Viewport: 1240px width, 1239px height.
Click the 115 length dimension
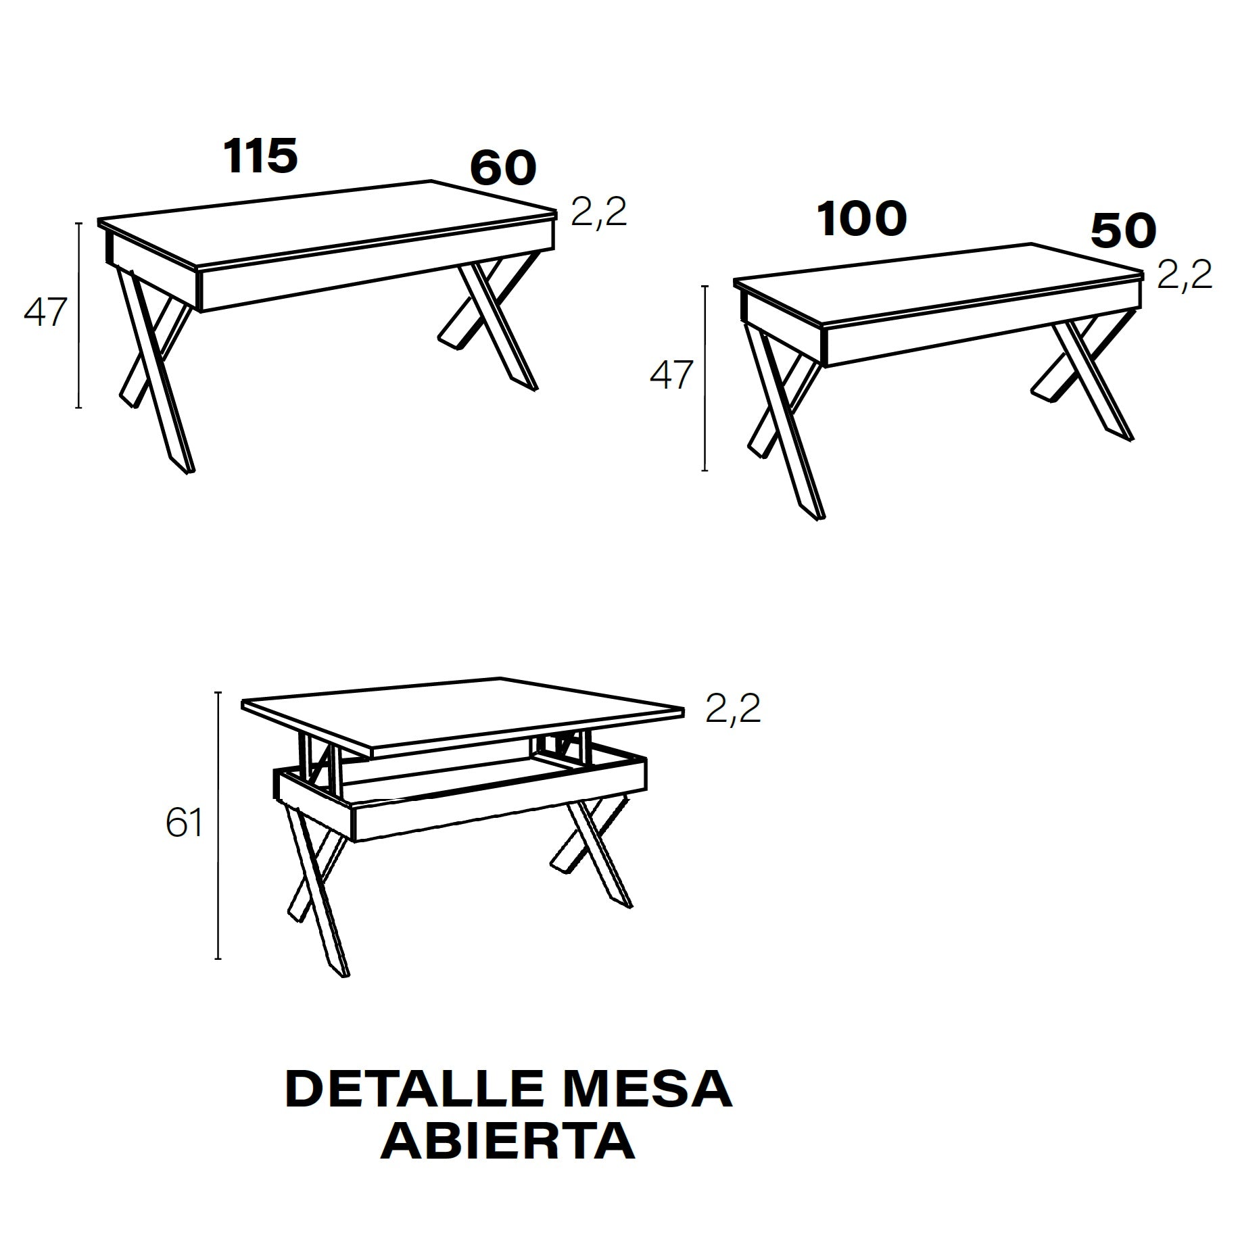click(x=261, y=156)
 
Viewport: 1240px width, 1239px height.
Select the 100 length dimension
click(x=862, y=219)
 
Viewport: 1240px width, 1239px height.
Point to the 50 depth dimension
click(x=1124, y=231)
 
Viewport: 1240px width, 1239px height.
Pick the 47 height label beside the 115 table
click(x=45, y=313)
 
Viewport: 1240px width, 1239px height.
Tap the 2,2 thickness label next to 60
click(x=599, y=212)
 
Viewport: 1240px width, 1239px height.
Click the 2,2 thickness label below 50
click(x=1185, y=275)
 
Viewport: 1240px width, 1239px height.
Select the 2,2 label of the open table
click(x=734, y=709)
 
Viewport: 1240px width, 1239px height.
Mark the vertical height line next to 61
click(x=218, y=825)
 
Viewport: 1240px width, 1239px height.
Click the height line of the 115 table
click(x=79, y=315)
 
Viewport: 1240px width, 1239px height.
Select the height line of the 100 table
click(x=705, y=378)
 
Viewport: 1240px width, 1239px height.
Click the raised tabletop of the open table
click(x=463, y=716)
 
